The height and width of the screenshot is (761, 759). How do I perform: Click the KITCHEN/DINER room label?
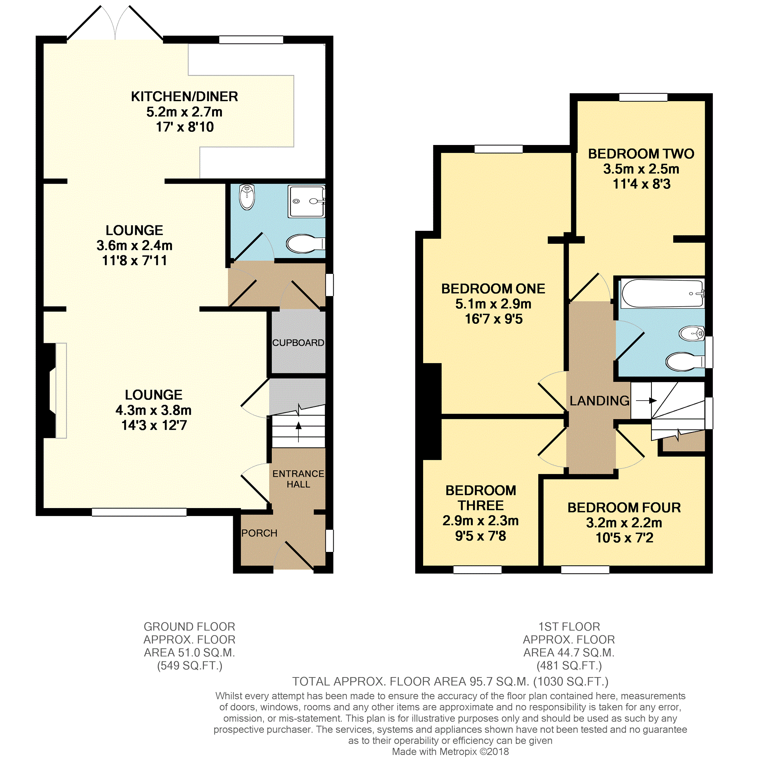(184, 97)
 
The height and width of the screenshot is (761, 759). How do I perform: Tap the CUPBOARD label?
(298, 343)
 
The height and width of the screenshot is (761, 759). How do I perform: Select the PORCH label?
(259, 533)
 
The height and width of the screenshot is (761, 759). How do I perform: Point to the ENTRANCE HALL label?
(298, 478)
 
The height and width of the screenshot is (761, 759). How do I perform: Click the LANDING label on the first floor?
(599, 401)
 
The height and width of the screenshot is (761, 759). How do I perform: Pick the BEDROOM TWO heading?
(641, 154)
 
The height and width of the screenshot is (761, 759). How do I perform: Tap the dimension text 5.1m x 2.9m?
(493, 304)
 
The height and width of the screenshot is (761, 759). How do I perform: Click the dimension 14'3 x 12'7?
(154, 425)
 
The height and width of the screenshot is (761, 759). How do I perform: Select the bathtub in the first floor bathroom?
(662, 294)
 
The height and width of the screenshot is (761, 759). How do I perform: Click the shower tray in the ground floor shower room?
(307, 201)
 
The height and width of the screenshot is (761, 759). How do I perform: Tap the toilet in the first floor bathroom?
(685, 361)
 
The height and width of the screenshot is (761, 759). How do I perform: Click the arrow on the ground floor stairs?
(298, 432)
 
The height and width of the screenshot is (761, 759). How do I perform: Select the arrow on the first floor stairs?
(646, 401)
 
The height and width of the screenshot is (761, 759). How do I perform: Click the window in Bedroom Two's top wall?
(643, 97)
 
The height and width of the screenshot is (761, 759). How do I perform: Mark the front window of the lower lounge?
(139, 512)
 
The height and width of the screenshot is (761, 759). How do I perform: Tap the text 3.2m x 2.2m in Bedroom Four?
(624, 523)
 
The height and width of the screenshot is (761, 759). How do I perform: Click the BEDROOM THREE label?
(481, 498)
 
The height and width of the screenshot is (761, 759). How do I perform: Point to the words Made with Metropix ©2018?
(451, 752)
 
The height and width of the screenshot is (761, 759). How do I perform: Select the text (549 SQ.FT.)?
(190, 666)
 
